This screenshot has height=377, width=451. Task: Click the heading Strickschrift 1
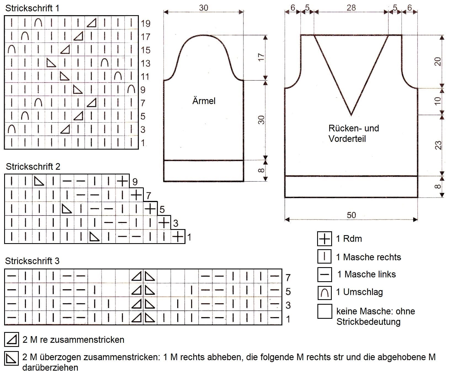[32, 8]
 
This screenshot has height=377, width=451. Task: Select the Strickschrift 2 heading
[33, 167]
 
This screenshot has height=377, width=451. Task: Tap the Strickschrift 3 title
[32, 261]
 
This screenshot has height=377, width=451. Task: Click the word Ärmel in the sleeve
[204, 101]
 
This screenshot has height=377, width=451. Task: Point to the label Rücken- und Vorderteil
[354, 133]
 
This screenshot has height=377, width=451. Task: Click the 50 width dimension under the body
[351, 215]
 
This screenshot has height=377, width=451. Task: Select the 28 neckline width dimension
[351, 7]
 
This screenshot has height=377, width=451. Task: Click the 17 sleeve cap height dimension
[261, 57]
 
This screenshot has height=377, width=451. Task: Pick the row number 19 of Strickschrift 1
[145, 23]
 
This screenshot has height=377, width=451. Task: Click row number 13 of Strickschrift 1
[145, 63]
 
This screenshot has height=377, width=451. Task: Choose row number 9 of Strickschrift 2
[135, 182]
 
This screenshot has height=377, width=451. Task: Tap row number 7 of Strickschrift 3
[288, 277]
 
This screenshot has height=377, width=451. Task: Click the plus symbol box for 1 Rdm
[325, 239]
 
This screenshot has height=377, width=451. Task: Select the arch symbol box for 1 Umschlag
[325, 293]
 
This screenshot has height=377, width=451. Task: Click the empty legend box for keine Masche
[325, 311]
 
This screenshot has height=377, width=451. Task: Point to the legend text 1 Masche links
[367, 274]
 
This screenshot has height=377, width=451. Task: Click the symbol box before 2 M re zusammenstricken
[12, 339]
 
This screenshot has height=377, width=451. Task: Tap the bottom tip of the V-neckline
[351, 115]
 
